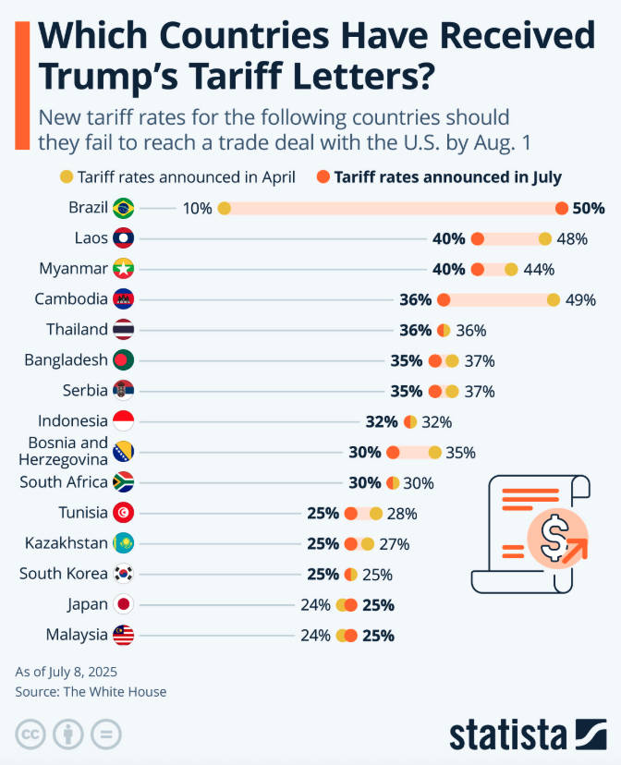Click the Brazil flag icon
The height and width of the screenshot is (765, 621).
pos(123,208)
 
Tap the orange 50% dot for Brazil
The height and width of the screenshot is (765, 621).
pos(562,208)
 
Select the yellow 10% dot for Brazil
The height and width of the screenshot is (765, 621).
pos(224,208)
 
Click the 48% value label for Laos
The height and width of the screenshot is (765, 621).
pos(572,238)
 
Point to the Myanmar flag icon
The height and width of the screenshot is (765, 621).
pos(123,269)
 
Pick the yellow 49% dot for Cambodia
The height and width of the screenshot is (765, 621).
pos(554,299)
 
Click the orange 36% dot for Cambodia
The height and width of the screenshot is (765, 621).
pos(444,299)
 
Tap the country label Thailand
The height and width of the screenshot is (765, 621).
pos(77,330)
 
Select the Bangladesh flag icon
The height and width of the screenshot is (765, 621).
pos(123,360)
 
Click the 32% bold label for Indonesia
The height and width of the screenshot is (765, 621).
pos(381,421)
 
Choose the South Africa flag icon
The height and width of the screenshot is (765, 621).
pos(123,482)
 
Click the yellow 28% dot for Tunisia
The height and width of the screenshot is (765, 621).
pos(375,513)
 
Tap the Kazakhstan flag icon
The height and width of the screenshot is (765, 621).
pos(123,543)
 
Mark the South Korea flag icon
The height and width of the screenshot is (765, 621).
pos(123,574)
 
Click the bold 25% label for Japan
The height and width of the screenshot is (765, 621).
pos(379,605)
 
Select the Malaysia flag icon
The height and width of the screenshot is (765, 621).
pos(123,636)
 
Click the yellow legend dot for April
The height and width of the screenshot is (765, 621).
pos(66,176)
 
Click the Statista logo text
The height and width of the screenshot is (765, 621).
pos(507,735)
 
